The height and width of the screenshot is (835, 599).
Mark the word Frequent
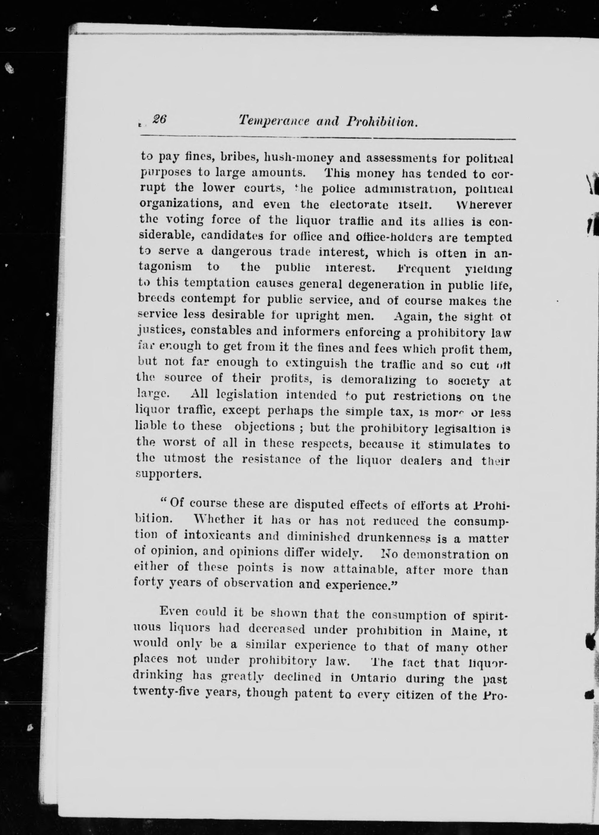pos(423,269)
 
